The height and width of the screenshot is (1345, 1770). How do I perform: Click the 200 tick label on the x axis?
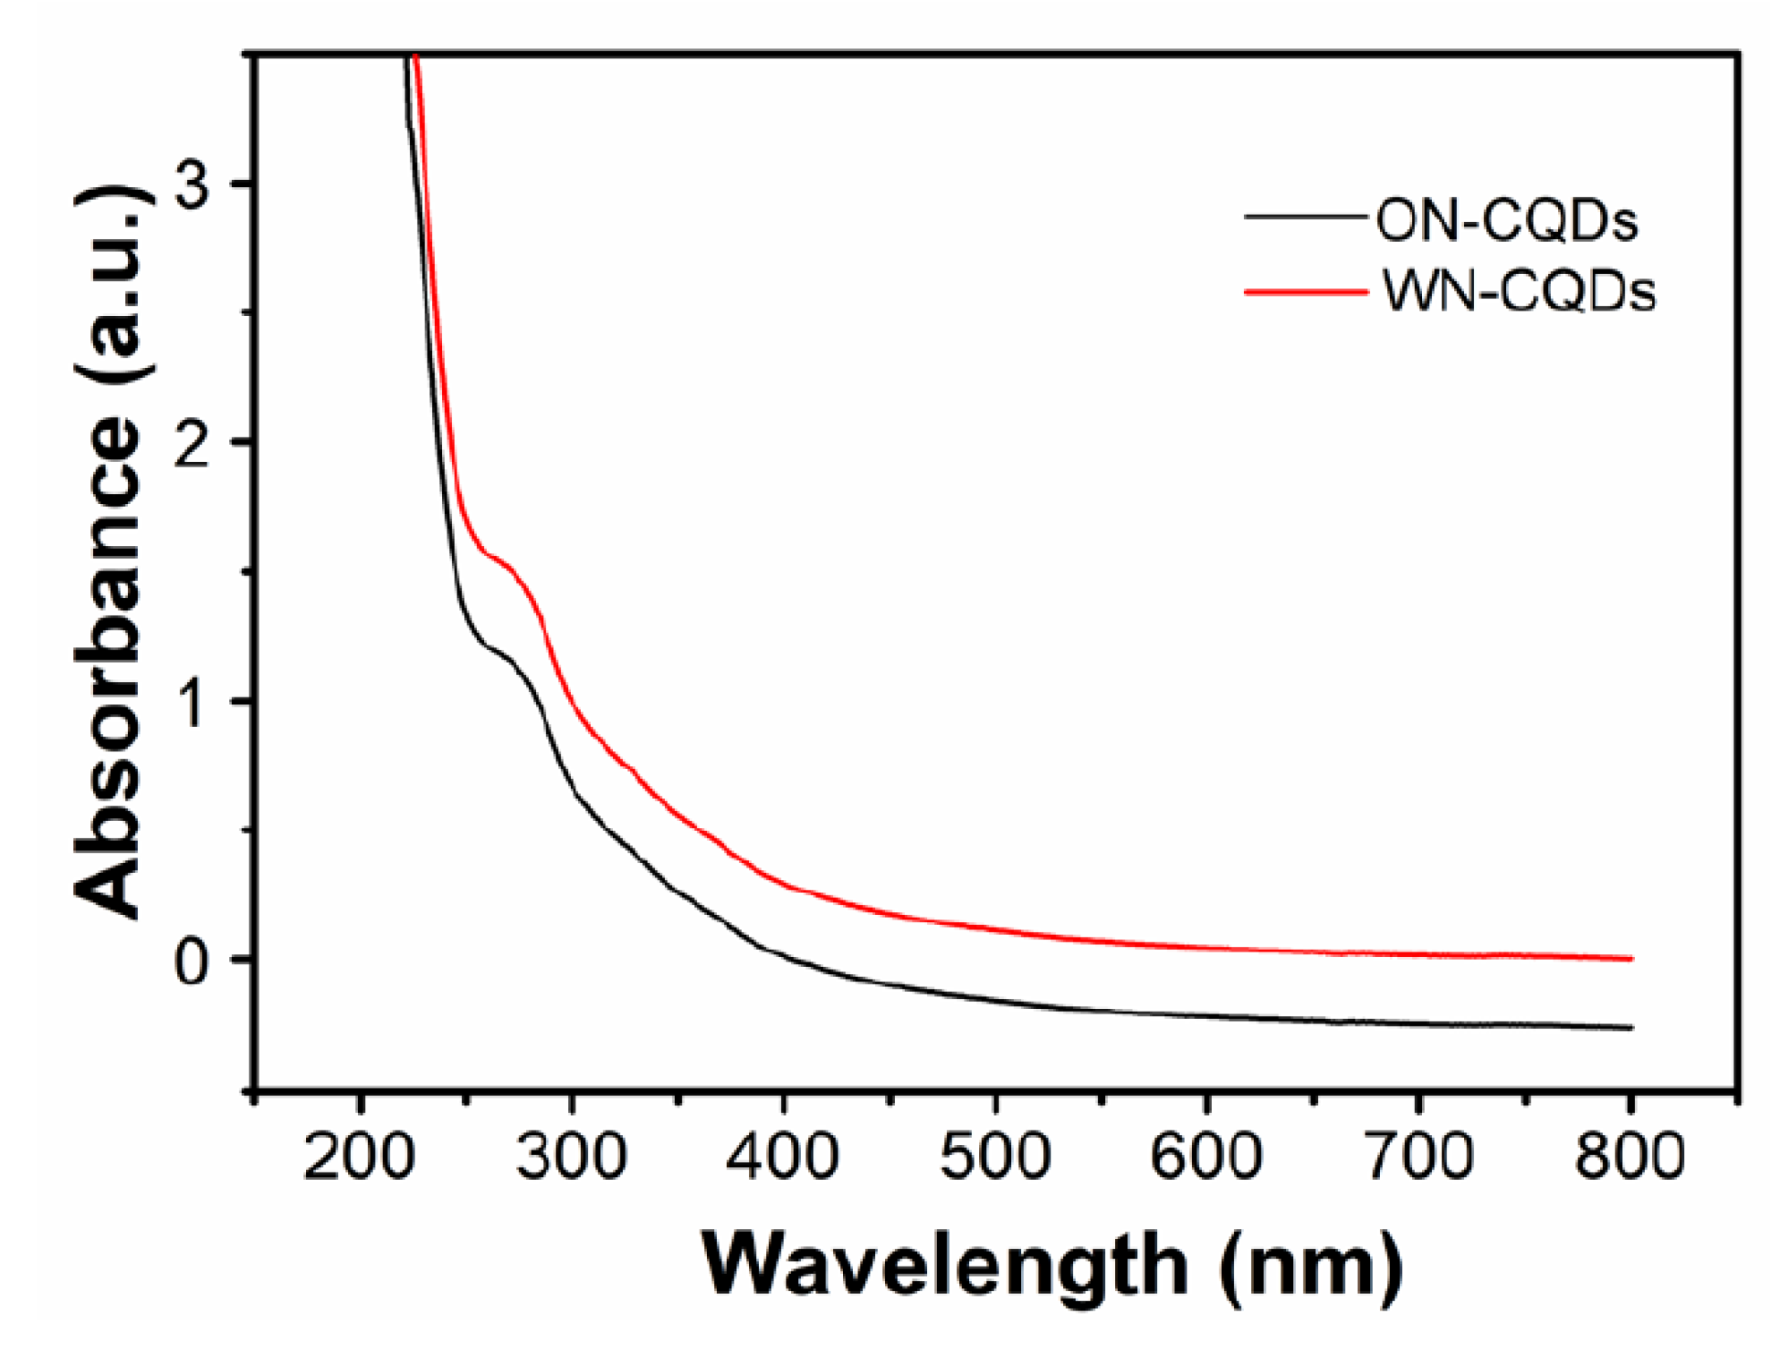(x=358, y=1156)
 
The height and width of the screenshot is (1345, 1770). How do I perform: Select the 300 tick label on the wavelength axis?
(x=570, y=1156)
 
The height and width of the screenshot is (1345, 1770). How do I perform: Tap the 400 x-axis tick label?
(x=782, y=1156)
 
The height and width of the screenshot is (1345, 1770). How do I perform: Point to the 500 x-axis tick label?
(x=994, y=1156)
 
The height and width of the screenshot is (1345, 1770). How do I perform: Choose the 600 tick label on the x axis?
(x=1206, y=1156)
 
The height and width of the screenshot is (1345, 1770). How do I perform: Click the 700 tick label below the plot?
(x=1417, y=1156)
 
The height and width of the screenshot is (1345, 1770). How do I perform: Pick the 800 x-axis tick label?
(x=1629, y=1156)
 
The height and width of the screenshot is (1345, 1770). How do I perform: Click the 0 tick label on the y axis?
(x=193, y=961)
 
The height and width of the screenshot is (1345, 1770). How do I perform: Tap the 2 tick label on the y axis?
(x=193, y=443)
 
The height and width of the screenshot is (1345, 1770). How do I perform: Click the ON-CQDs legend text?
(x=1507, y=221)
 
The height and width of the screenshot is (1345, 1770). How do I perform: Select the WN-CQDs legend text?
(x=1518, y=292)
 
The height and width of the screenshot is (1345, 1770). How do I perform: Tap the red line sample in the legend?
(x=1306, y=292)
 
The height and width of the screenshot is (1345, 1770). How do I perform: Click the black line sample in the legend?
(x=1306, y=217)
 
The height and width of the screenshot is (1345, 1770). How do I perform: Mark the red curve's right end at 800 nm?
(x=1630, y=959)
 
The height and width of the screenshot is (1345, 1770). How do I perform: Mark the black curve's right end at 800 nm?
(x=1630, y=1027)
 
